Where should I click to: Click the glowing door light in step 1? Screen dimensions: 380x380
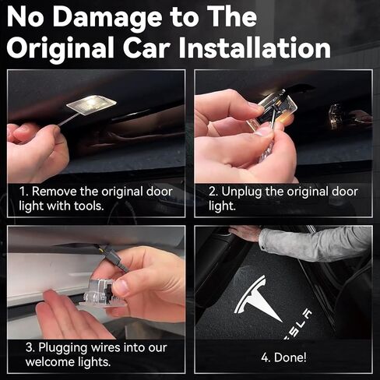click(91, 104)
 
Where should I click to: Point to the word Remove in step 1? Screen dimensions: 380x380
click(55, 192)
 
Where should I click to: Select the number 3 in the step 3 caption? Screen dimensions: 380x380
click(29, 347)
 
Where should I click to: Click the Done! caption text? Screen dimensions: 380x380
click(283, 357)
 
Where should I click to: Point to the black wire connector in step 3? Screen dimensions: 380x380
click(114, 259)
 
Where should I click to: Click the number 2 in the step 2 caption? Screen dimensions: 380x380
click(213, 192)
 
